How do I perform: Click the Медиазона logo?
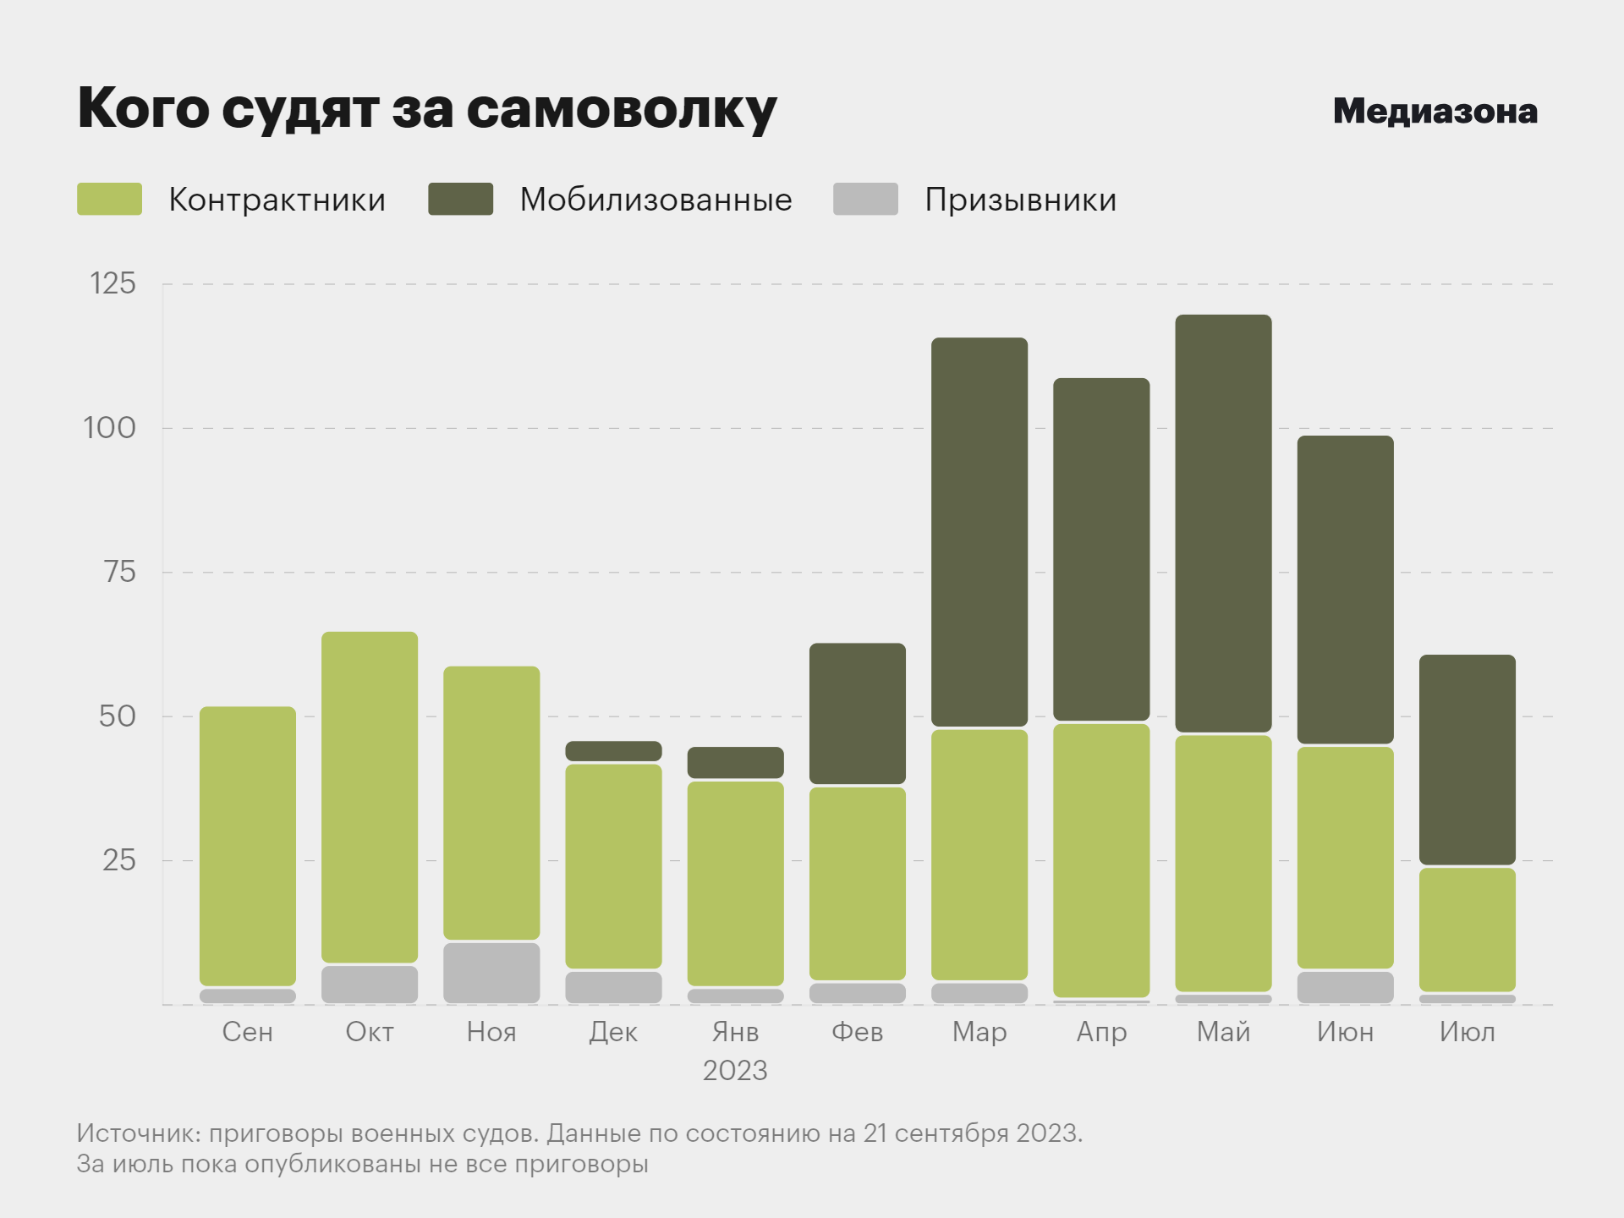(x=1435, y=112)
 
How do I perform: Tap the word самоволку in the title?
(x=621, y=110)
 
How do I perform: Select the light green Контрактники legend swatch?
(x=109, y=200)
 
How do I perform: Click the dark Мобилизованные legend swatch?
(x=460, y=200)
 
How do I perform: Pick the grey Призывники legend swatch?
(x=864, y=200)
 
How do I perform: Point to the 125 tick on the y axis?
(x=112, y=284)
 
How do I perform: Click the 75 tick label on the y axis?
(x=119, y=573)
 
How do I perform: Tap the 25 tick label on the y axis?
(x=118, y=861)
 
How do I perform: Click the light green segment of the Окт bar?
(x=370, y=797)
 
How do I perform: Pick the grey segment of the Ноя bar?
(x=491, y=973)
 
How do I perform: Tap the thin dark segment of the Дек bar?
(x=613, y=751)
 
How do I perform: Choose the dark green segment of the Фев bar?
(x=857, y=713)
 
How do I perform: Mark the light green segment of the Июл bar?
(x=1467, y=930)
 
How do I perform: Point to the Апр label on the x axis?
(x=1101, y=1033)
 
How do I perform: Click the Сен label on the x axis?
(x=248, y=1033)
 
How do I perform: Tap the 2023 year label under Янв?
(x=735, y=1071)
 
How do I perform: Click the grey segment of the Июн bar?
(x=1345, y=987)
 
